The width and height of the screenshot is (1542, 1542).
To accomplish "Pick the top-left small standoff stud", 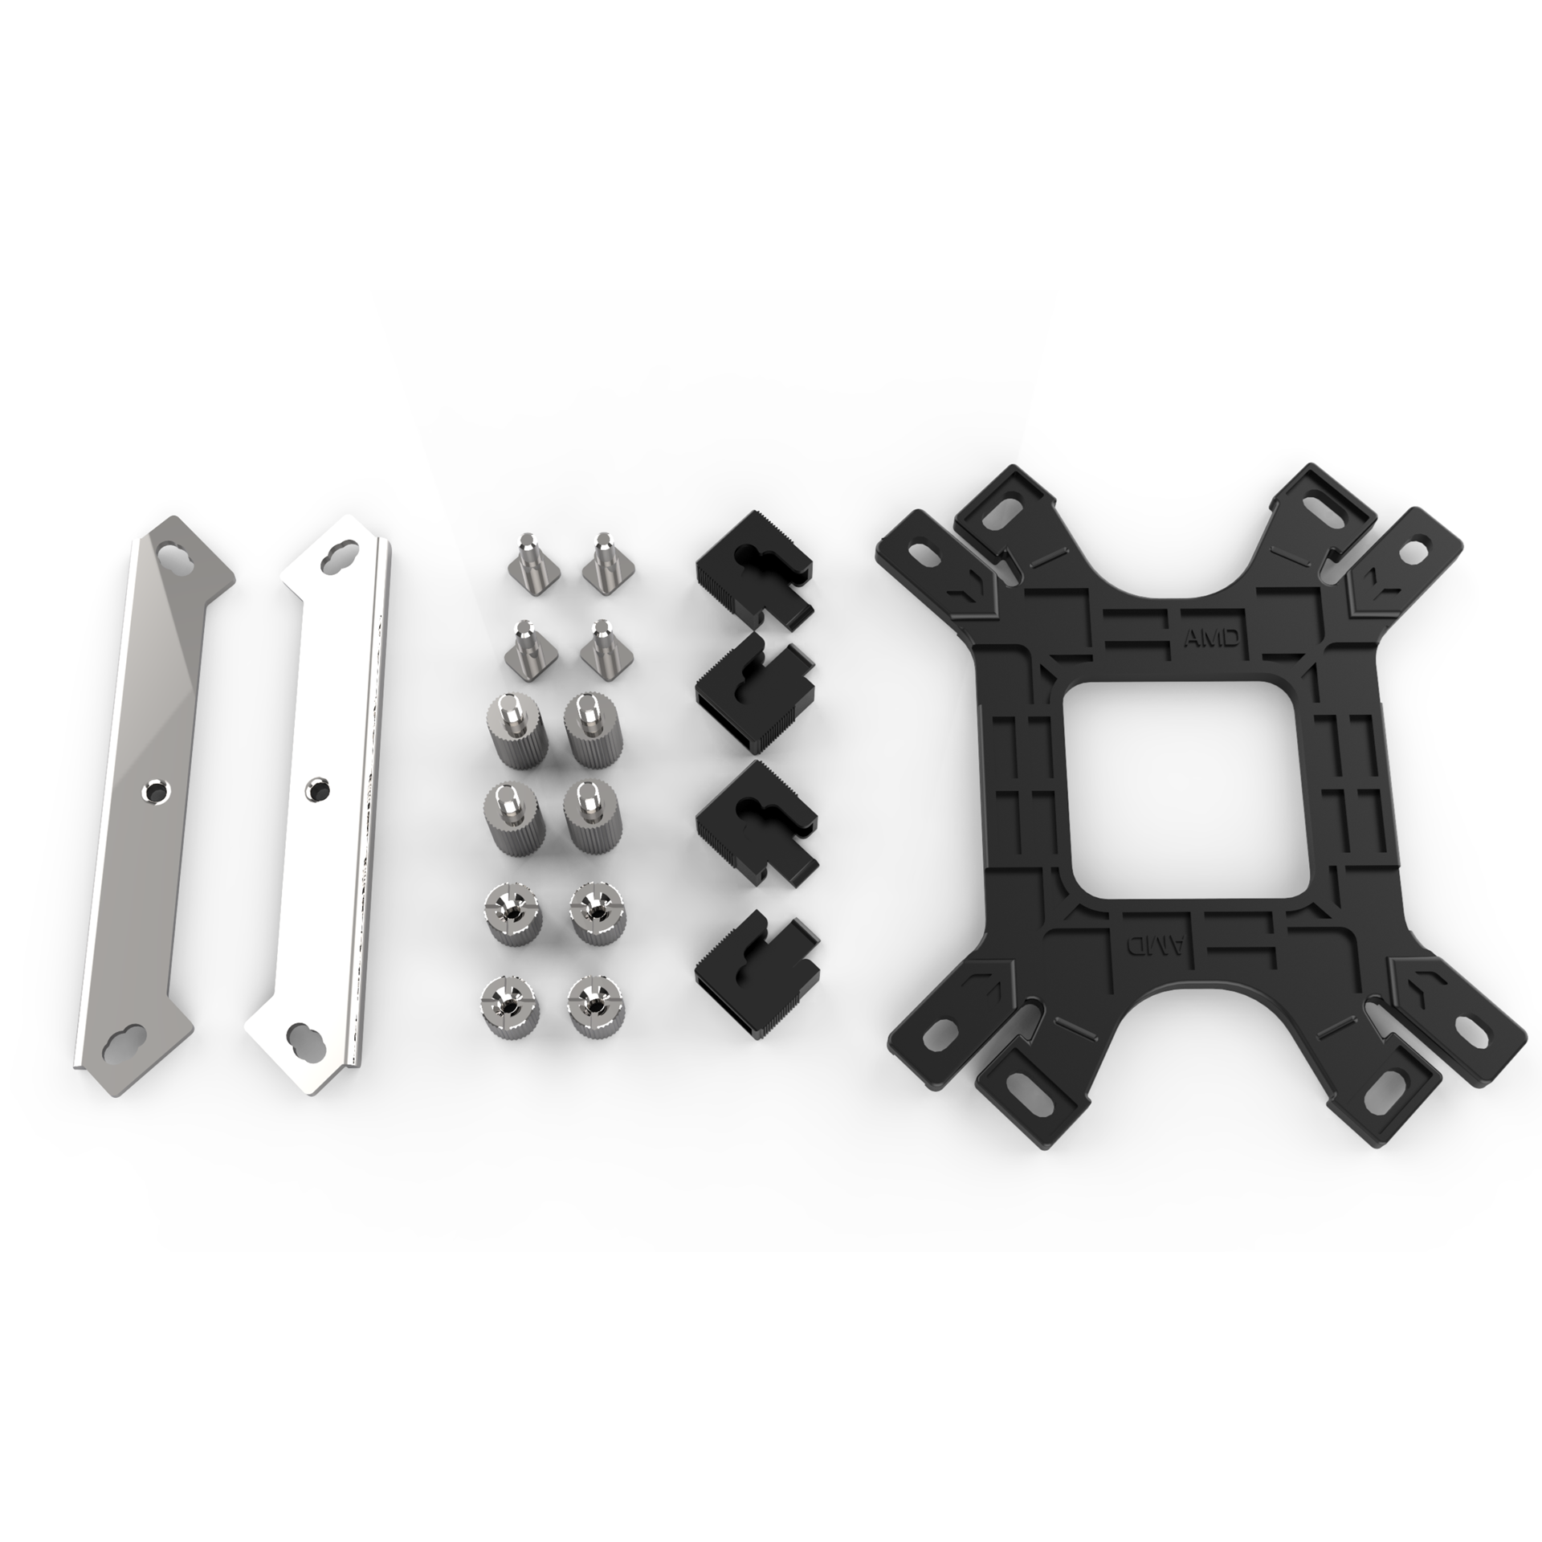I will pyautogui.click(x=526, y=559).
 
